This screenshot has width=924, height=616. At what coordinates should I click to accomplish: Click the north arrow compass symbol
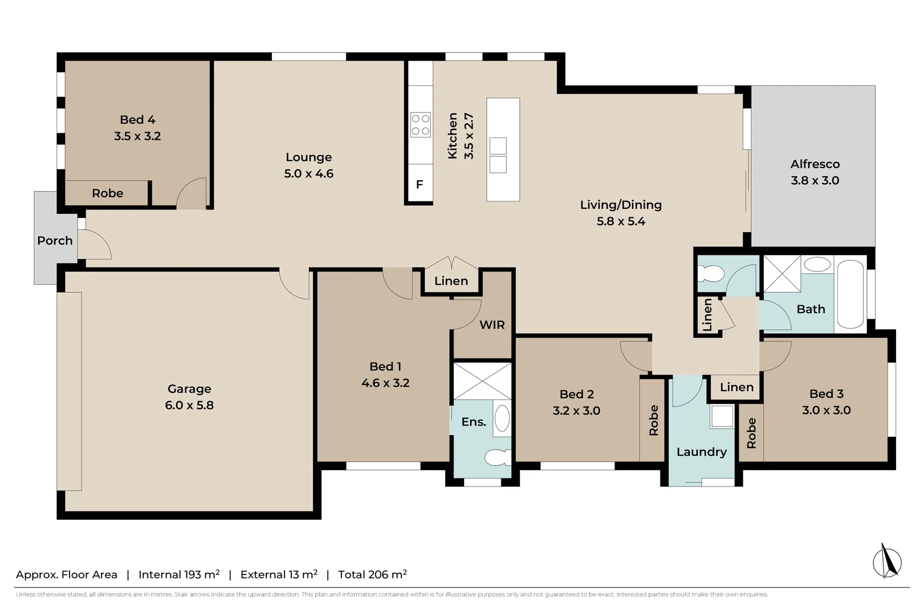887,561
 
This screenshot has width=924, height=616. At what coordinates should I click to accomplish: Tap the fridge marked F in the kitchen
420,184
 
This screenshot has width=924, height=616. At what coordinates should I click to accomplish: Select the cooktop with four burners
421,125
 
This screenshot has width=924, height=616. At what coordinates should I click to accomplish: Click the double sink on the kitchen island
498,155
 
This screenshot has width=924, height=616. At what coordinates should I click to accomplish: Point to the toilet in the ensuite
498,457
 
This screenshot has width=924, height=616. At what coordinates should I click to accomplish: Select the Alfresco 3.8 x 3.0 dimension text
815,180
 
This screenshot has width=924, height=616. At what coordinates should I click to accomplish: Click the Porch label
55,241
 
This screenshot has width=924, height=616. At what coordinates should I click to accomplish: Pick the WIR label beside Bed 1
492,325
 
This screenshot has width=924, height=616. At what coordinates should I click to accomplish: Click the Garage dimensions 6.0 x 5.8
189,405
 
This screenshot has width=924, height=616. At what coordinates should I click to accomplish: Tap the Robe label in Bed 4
108,193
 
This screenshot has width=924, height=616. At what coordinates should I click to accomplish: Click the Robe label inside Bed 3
751,433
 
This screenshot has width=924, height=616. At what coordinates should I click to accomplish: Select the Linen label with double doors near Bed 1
451,281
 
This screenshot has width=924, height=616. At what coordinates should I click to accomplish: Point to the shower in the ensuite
482,380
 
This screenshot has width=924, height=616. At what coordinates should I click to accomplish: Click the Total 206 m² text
372,574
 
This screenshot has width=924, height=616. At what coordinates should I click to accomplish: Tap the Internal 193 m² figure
179,574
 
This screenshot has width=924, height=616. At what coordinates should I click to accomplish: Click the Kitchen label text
453,136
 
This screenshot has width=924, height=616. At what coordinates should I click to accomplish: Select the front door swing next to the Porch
95,245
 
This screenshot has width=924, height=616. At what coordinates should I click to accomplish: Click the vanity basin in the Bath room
817,264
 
